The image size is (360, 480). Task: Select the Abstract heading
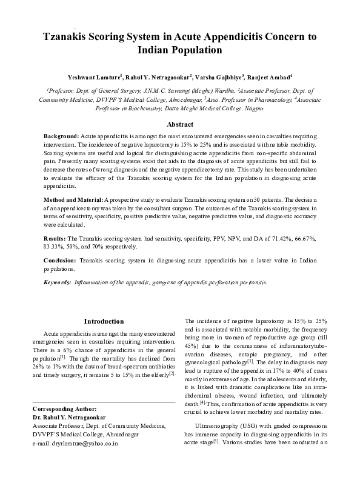point(179,124)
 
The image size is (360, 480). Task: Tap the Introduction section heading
point(104,321)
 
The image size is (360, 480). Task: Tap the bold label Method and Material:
point(73,199)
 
